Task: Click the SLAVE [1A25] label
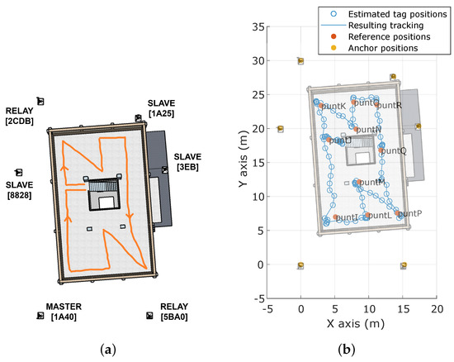coord(161,107)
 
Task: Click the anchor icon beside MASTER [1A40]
coord(40,316)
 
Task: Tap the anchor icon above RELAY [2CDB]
coord(40,101)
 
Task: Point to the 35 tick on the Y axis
coord(259,26)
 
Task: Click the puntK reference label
coord(333,107)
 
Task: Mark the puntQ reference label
coord(394,151)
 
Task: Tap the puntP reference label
coord(410,213)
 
